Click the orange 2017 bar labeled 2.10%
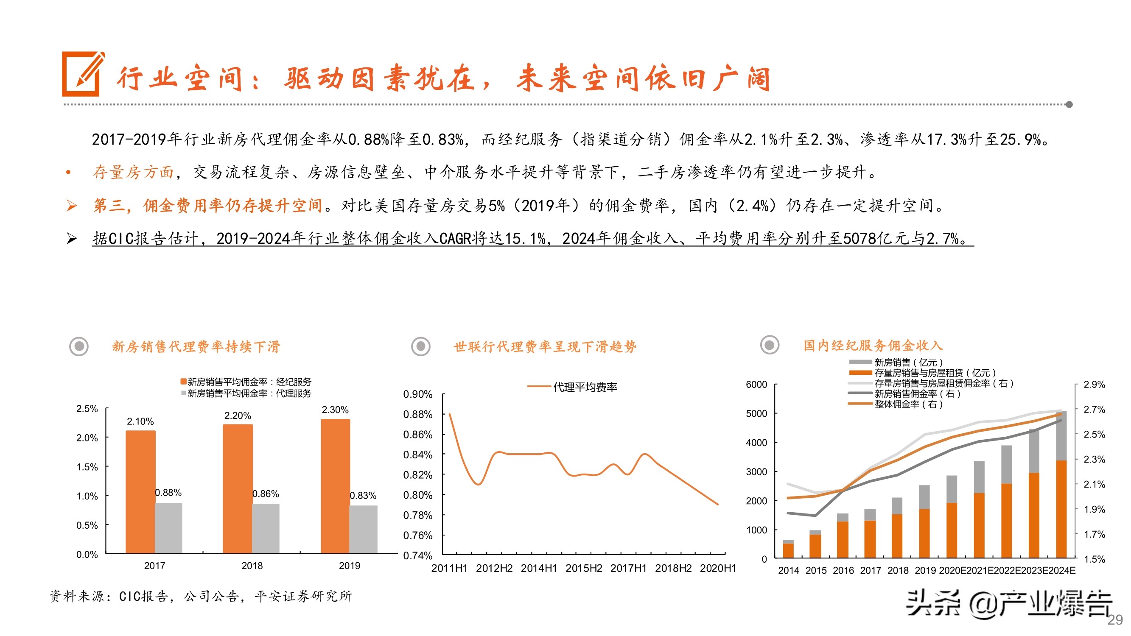tap(140, 491)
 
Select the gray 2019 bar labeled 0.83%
tap(363, 529)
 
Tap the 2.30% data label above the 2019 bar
tap(335, 410)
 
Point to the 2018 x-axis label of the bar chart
tap(252, 566)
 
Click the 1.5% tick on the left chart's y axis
tap(87, 467)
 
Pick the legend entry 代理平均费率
tap(585, 387)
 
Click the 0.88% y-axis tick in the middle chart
tap(417, 414)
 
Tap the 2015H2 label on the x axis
tap(583, 569)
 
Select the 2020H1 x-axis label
tap(717, 569)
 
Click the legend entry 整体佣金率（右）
tap(908, 404)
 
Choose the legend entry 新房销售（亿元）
tap(908, 363)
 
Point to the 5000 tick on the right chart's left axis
tap(756, 413)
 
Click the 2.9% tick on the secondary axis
tap(1094, 385)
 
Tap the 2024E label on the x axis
tap(1061, 571)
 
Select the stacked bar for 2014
tap(788, 549)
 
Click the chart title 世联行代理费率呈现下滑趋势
tap(545, 347)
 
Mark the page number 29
tap(1115, 620)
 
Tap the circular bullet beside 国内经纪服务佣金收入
tap(769, 345)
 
